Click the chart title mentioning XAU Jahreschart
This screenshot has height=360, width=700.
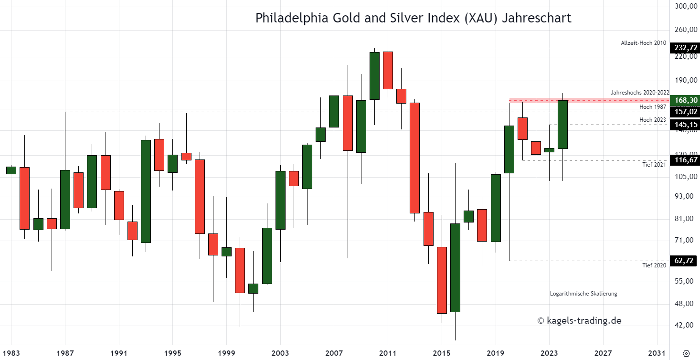[x=414, y=19]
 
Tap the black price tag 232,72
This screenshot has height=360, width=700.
[x=685, y=48]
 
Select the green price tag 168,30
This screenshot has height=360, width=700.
[x=685, y=100]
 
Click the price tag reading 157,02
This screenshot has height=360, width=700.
[x=685, y=112]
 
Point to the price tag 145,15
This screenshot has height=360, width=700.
[x=685, y=125]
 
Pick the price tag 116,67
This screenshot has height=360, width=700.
[x=685, y=160]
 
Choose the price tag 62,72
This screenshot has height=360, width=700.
[x=685, y=261]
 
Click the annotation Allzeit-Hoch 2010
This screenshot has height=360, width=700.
[x=643, y=43]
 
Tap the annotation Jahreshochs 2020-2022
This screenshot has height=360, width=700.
[x=640, y=93]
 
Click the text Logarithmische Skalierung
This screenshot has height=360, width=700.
[x=583, y=294]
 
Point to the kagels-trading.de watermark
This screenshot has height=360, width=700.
[x=579, y=321]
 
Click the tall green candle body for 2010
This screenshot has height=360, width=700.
[x=374, y=75]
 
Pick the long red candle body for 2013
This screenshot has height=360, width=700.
[x=414, y=158]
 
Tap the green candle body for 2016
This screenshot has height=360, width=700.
[x=455, y=267]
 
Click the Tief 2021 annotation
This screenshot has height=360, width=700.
[x=654, y=165]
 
